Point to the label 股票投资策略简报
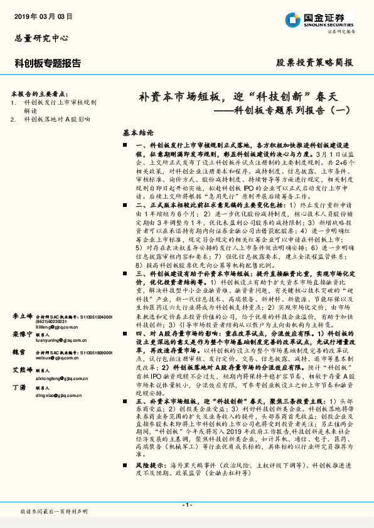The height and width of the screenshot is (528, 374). [x=314, y=63]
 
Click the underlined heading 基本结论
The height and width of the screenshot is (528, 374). [x=138, y=134]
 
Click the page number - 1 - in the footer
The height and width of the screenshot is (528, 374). [x=186, y=505]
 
